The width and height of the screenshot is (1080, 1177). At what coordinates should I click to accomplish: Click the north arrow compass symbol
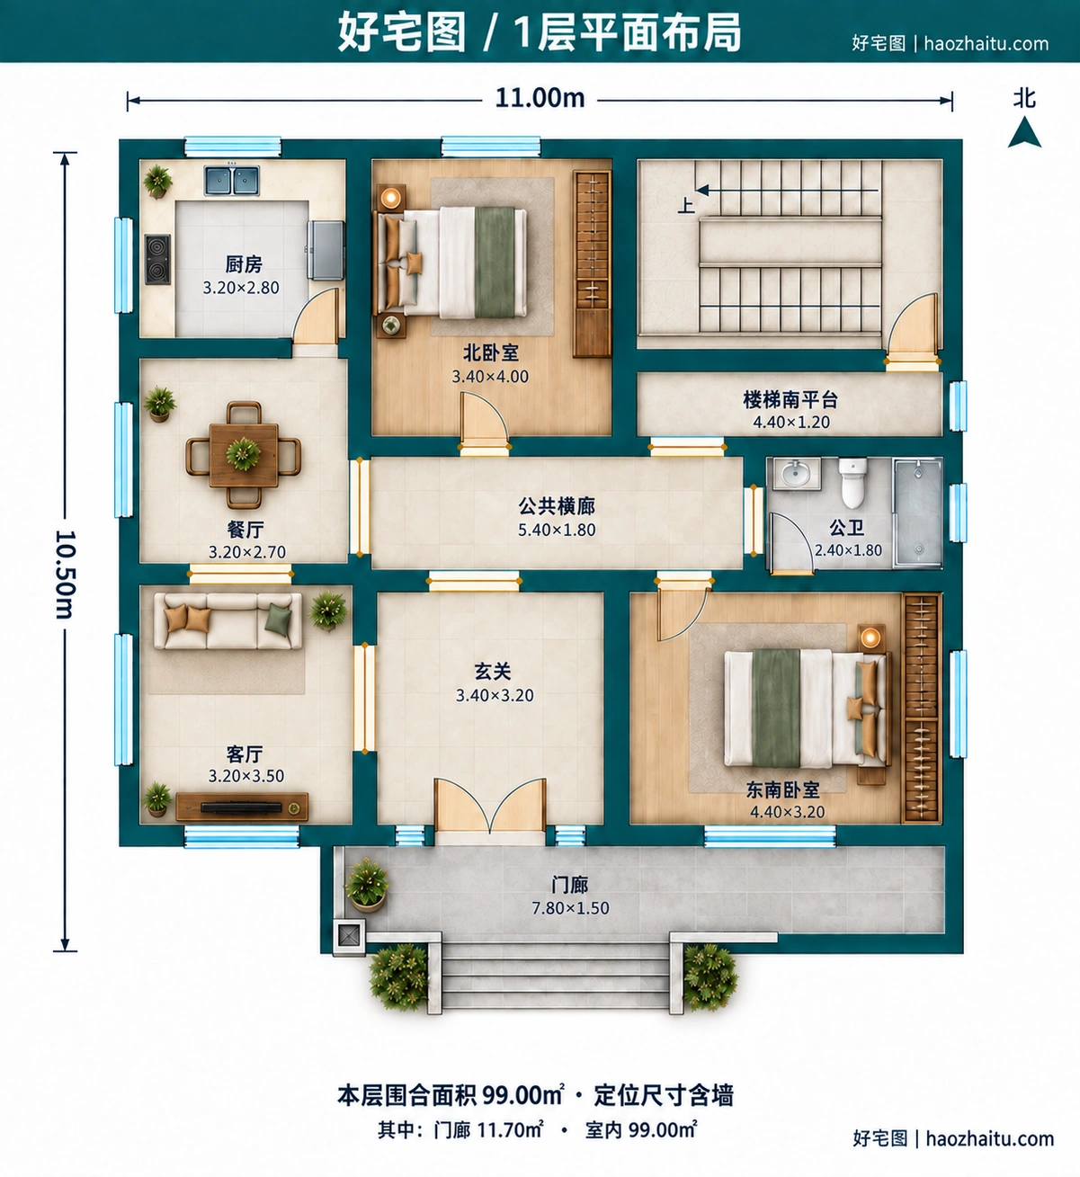click(x=1024, y=132)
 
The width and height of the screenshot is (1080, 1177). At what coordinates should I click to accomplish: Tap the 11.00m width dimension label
click(x=540, y=98)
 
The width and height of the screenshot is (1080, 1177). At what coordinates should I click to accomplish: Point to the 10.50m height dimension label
click(x=66, y=574)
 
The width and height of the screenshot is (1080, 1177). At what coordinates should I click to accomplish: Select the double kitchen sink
click(x=232, y=180)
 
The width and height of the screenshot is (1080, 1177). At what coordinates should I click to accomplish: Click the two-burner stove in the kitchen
click(x=157, y=259)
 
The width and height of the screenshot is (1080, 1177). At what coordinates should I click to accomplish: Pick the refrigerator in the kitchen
click(x=326, y=250)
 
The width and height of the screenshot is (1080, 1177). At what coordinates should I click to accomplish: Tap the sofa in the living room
click(x=228, y=620)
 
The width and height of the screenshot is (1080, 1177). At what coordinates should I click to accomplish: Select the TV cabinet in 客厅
click(x=242, y=807)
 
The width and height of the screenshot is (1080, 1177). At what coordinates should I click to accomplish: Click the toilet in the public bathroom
click(x=852, y=483)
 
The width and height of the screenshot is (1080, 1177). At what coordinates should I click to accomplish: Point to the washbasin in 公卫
click(x=797, y=474)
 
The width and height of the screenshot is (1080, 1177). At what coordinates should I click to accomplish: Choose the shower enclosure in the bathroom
click(x=918, y=513)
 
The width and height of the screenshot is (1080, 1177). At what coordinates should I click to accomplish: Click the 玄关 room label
click(x=493, y=672)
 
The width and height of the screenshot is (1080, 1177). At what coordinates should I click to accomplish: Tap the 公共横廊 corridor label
click(x=557, y=505)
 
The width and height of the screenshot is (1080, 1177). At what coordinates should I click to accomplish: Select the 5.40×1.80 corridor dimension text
click(x=557, y=530)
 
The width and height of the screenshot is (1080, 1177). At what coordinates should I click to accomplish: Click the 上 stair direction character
click(x=685, y=205)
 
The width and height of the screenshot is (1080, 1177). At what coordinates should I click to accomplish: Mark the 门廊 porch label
click(x=569, y=884)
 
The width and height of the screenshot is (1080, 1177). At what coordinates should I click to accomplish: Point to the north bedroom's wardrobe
click(x=593, y=263)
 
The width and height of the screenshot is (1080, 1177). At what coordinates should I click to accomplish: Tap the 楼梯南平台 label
click(x=790, y=399)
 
